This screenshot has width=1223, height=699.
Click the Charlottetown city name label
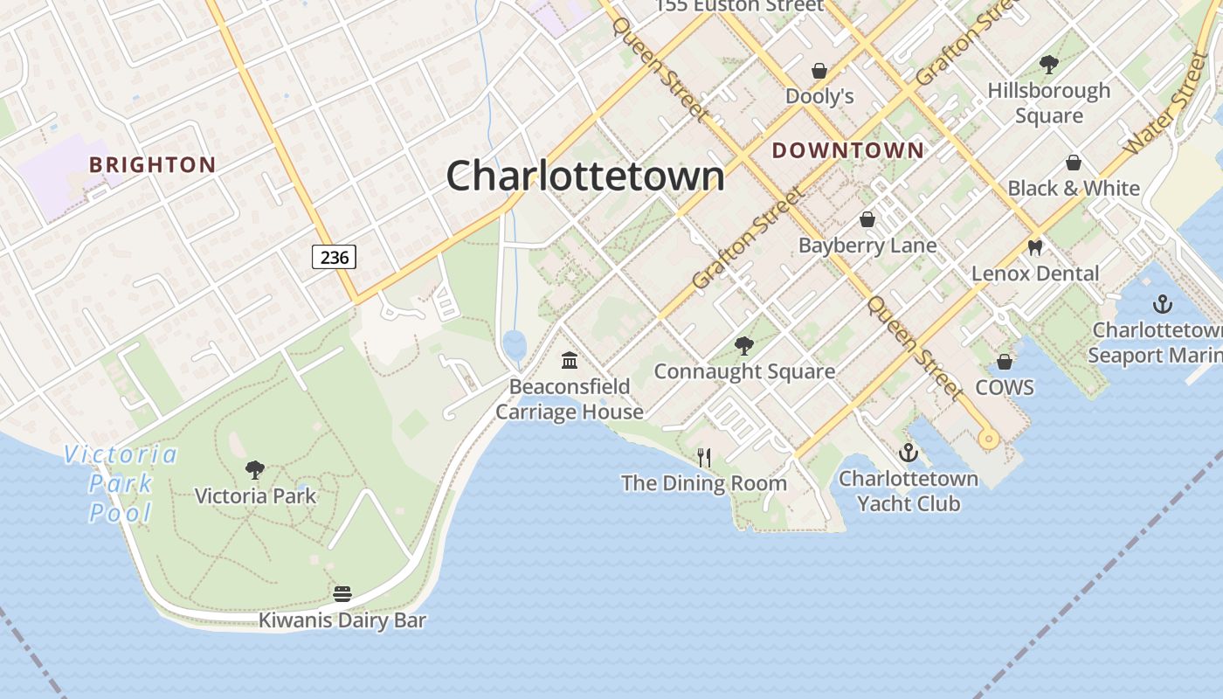tap(585, 176)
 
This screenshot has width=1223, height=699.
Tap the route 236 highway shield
tap(334, 257)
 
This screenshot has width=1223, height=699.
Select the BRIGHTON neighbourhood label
tap(153, 164)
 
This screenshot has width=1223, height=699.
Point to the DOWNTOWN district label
tap(847, 150)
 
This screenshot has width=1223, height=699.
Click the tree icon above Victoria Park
tap(255, 470)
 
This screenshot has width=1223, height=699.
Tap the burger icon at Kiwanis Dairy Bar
tap(342, 594)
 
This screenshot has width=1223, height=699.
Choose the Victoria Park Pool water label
tap(121, 483)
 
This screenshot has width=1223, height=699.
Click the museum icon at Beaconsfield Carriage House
tap(570, 360)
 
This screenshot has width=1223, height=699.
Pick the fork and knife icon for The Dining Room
tap(704, 457)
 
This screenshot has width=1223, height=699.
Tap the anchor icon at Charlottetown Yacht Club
tap(909, 453)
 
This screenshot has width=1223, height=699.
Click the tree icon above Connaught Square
tap(743, 346)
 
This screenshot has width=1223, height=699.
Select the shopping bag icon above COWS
tap(1005, 361)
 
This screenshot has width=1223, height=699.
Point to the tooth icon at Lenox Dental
tap(1035, 247)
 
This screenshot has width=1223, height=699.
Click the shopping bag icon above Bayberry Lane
tap(867, 219)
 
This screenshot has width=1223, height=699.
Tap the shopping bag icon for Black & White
tap(1074, 163)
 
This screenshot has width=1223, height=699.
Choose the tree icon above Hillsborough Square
tap(1048, 65)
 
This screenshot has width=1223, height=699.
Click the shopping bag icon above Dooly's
tap(819, 70)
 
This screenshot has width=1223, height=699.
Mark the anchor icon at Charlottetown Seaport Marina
tap(1162, 304)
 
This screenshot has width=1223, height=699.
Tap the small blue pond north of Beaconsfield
tap(515, 343)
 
